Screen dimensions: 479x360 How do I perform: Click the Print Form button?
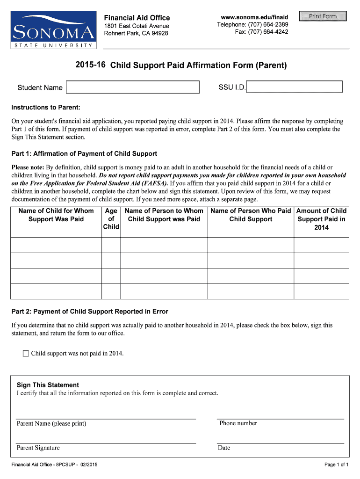(323, 16)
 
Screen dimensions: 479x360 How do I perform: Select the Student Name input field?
(133, 87)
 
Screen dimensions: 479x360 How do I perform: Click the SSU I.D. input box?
(295, 87)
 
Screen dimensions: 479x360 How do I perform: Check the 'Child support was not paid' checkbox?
(26, 354)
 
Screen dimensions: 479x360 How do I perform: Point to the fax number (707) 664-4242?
(261, 32)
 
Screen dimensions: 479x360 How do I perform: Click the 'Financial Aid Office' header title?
(137, 18)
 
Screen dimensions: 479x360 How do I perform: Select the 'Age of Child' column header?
(111, 219)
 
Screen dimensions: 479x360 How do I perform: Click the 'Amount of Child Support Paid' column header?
(321, 219)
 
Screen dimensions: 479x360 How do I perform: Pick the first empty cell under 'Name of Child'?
(56, 245)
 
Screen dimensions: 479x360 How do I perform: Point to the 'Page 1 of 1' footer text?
(336, 465)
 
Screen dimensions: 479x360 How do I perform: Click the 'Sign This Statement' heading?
(48, 385)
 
